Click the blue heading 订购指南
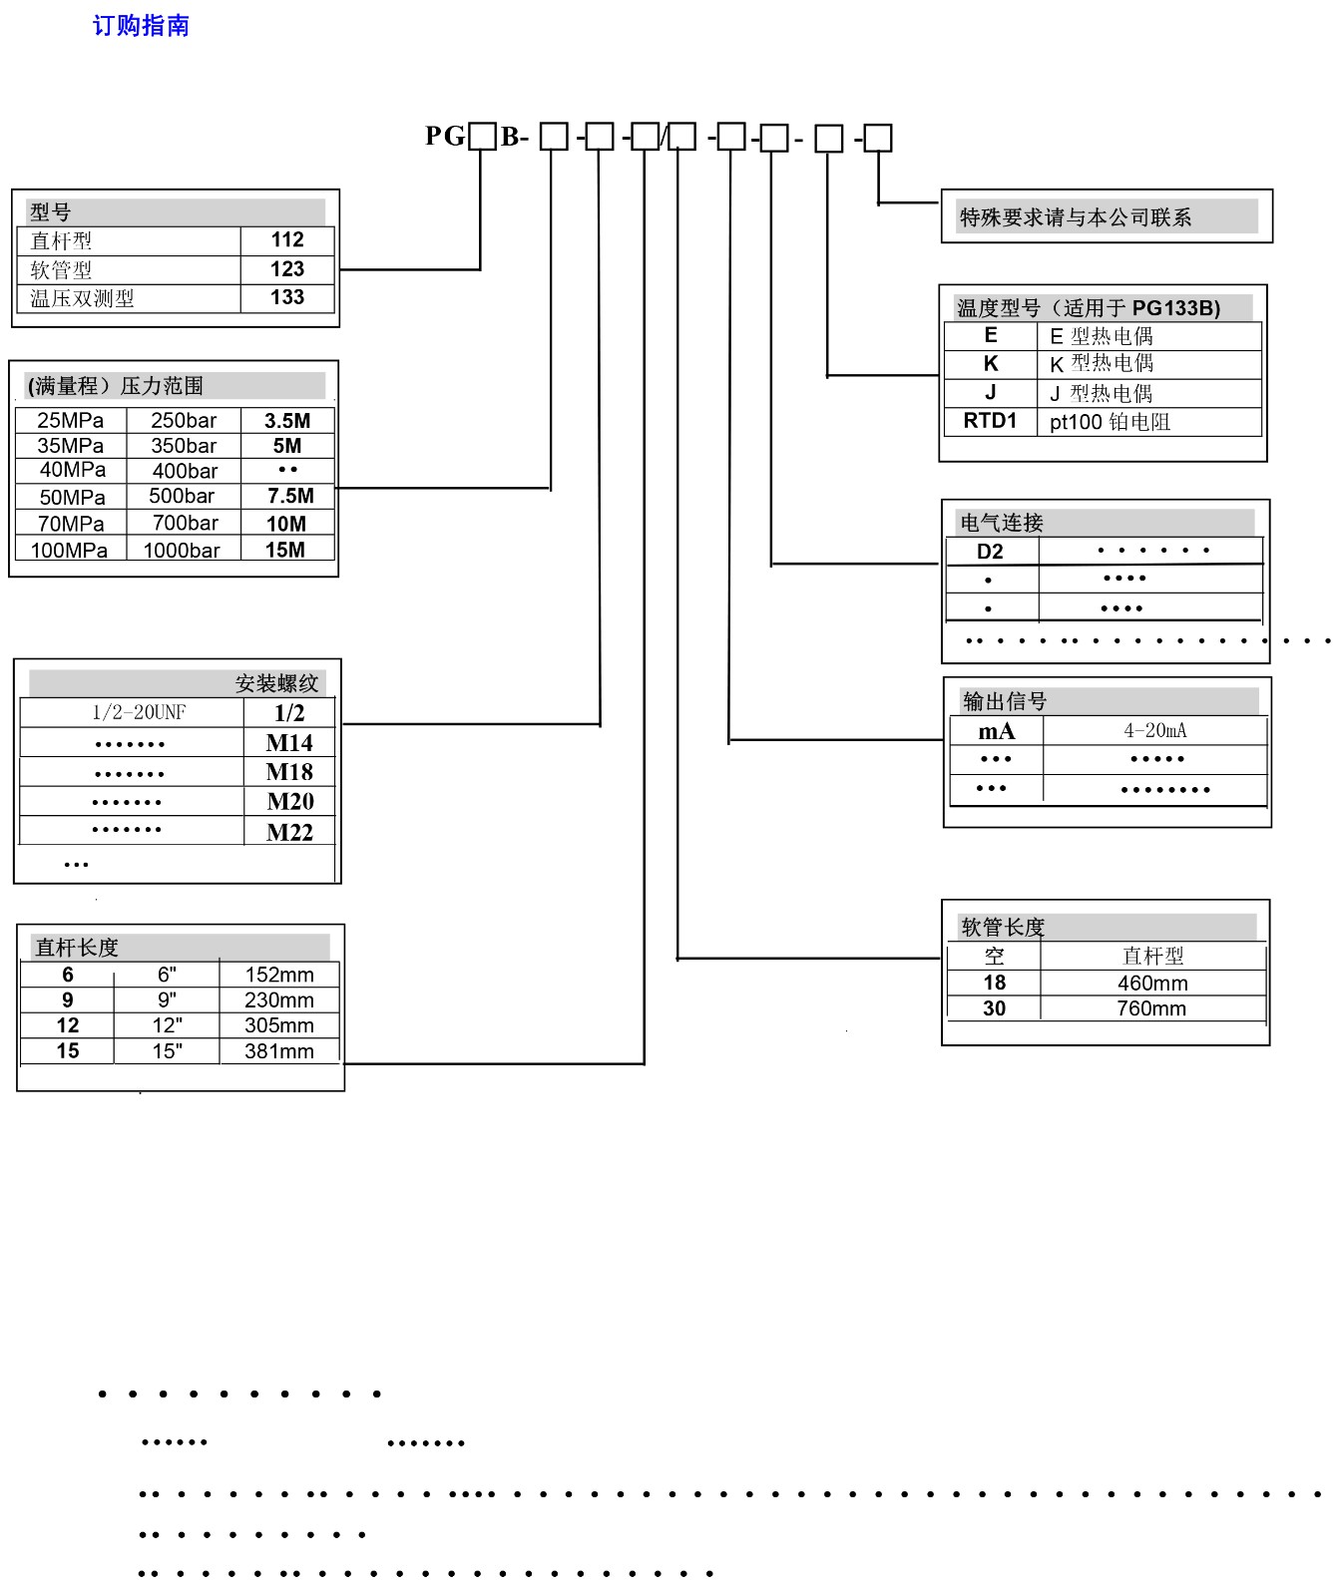[x=141, y=26]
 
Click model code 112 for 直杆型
[x=287, y=240]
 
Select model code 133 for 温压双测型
[x=287, y=297]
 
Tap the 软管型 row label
[x=61, y=270]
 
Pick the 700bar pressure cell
[x=186, y=524]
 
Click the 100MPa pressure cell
[x=69, y=550]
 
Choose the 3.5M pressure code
[x=287, y=421]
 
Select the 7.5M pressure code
[x=290, y=496]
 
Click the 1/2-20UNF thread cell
[x=139, y=712]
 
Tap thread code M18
[x=289, y=772]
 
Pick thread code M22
[x=289, y=832]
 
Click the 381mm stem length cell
[x=279, y=1051]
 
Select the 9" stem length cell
[x=167, y=999]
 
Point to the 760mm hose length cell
[x=1151, y=1008]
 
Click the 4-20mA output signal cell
[x=1155, y=731]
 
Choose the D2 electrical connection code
[x=990, y=552]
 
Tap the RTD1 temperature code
[x=990, y=421]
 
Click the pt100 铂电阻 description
[x=1110, y=422]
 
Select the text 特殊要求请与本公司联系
[x=1076, y=217]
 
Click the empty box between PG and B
[x=482, y=136]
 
